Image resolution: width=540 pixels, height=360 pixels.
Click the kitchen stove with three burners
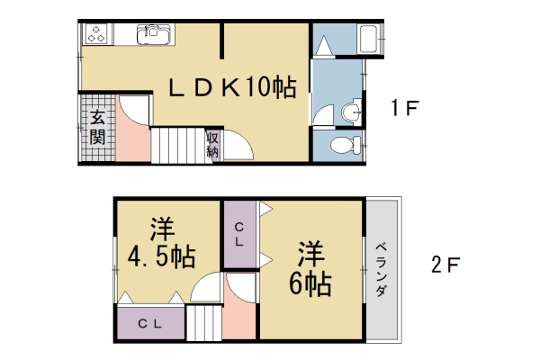point(96,34)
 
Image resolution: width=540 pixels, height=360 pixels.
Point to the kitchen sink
point(154,34)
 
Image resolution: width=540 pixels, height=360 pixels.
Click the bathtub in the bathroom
point(370,40)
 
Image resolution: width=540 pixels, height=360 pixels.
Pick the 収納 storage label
point(213,145)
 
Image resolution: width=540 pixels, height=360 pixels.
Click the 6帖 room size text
point(309,283)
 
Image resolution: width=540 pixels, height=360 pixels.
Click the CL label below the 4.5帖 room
point(150,323)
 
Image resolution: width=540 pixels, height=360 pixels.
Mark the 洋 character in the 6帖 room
point(309,250)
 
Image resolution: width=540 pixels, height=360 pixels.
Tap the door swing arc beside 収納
point(235,144)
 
